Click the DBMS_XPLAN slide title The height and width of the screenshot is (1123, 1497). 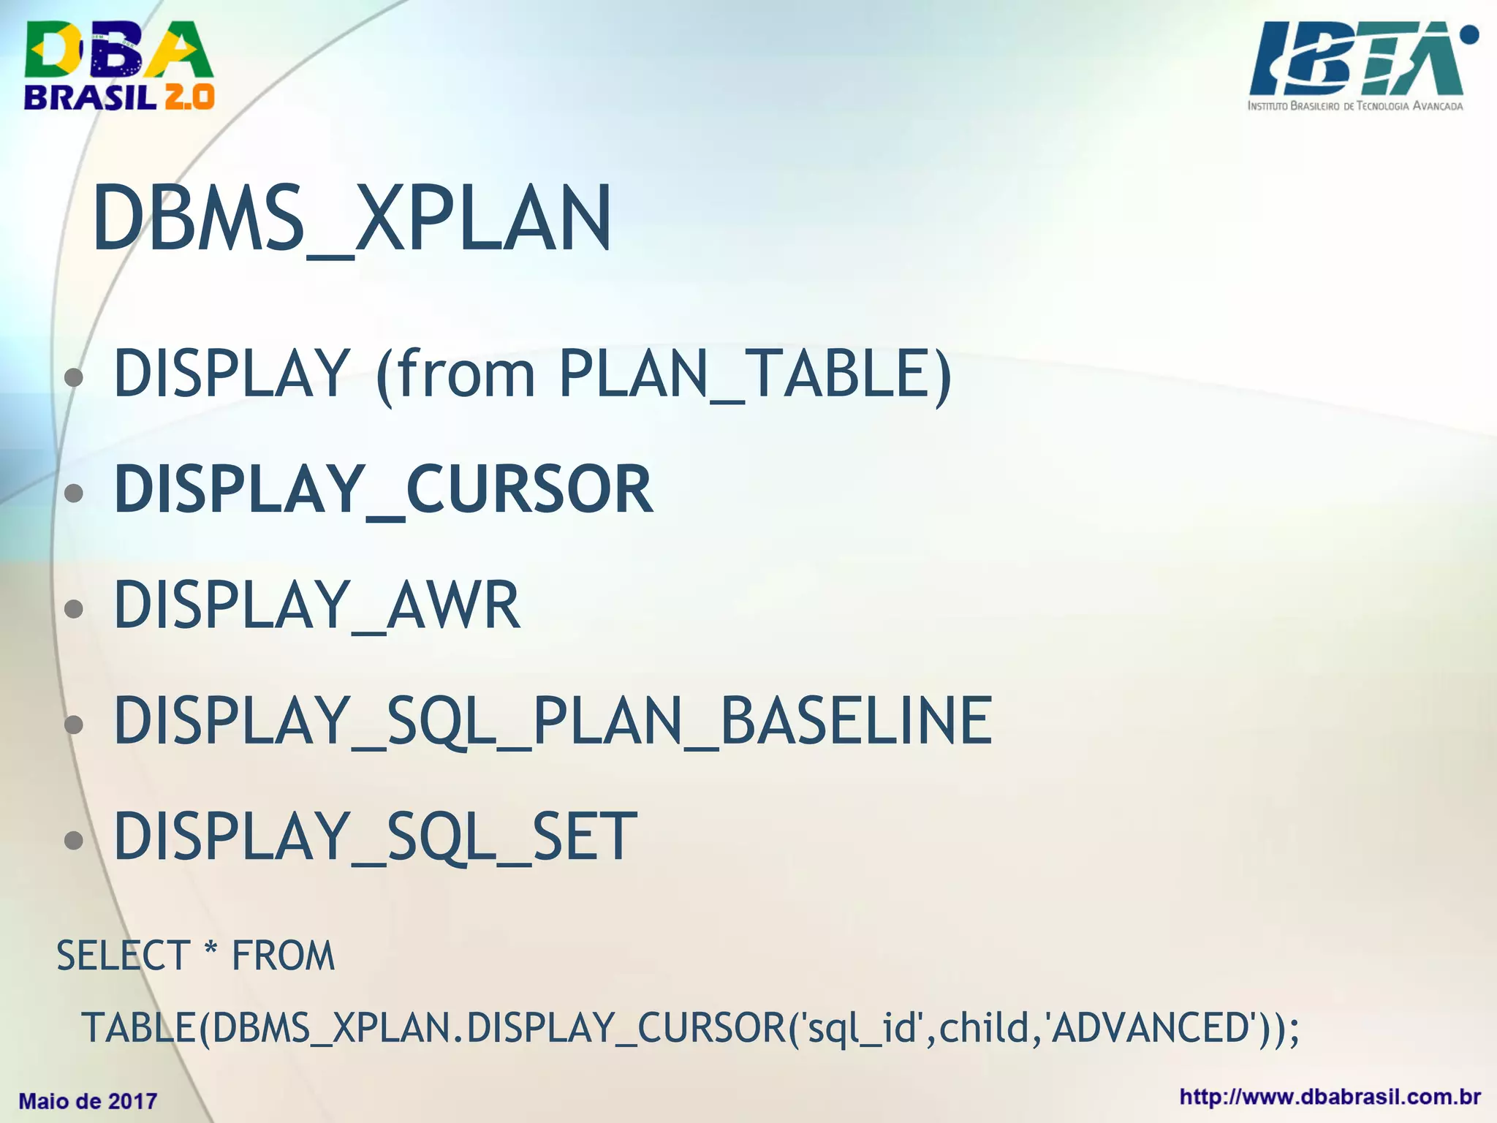tap(352, 219)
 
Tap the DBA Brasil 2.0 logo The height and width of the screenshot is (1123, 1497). tap(119, 66)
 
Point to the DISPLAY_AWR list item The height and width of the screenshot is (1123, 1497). tap(317, 605)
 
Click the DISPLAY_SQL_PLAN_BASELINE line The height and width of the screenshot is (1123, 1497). tap(553, 721)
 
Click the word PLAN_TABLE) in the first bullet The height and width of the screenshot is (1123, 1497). tap(756, 374)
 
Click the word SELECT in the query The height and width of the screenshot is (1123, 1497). tap(123, 956)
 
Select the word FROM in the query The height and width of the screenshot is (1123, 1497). tap(283, 956)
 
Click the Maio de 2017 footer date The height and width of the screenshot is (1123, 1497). tap(88, 1101)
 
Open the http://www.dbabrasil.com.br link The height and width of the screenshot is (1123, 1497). tap(1330, 1097)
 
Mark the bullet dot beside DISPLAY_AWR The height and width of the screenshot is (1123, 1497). tap(73, 608)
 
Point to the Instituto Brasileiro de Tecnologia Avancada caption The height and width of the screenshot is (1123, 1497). tap(1355, 106)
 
